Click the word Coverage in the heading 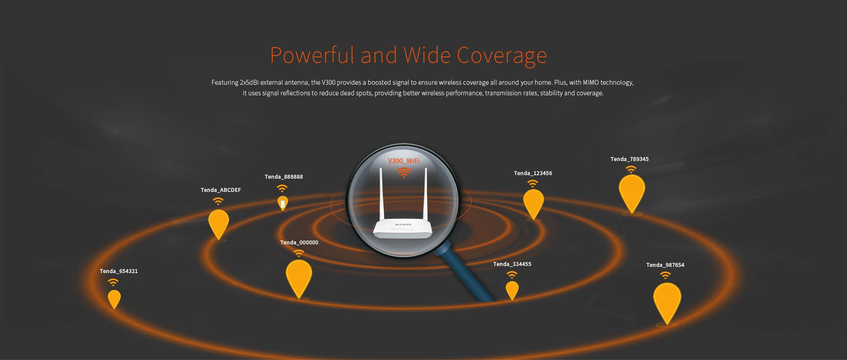[x=502, y=56]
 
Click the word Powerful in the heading [x=312, y=55]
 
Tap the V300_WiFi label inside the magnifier [x=404, y=161]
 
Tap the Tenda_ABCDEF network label [x=221, y=190]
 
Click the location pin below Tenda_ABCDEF [x=218, y=224]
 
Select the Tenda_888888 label [x=284, y=177]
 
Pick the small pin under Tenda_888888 [x=283, y=203]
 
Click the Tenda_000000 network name [x=299, y=243]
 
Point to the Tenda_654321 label [x=119, y=271]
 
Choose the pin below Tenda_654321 [x=114, y=299]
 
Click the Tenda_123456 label [x=533, y=173]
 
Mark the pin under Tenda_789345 [x=632, y=193]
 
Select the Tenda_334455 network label [x=512, y=264]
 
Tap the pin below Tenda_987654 [x=667, y=303]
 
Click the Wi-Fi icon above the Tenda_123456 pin [x=533, y=183]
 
